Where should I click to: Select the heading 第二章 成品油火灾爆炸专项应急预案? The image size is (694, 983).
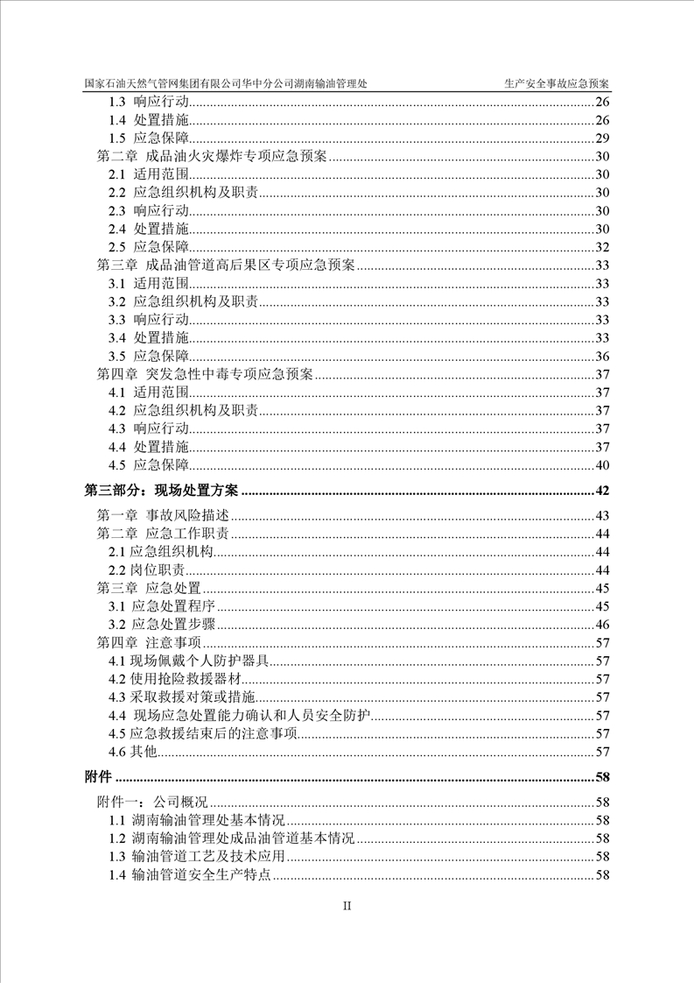[x=211, y=157]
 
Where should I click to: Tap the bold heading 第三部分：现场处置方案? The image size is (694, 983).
[x=161, y=490]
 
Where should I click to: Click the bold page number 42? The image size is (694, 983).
[x=601, y=490]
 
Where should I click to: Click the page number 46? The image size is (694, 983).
[x=602, y=625]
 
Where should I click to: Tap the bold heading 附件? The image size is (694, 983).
[x=98, y=776]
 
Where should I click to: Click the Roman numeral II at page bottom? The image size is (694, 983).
[x=347, y=906]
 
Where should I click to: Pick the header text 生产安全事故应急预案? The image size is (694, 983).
[x=557, y=83]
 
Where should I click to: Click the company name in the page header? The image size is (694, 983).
[x=226, y=83]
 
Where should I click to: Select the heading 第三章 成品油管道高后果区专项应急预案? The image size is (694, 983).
[x=224, y=265]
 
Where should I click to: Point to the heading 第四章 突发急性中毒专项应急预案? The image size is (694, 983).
[x=204, y=374]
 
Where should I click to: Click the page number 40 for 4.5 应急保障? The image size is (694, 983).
[x=602, y=465]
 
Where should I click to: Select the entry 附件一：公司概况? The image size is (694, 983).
[x=151, y=802]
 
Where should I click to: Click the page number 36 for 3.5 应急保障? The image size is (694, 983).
[x=602, y=356]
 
